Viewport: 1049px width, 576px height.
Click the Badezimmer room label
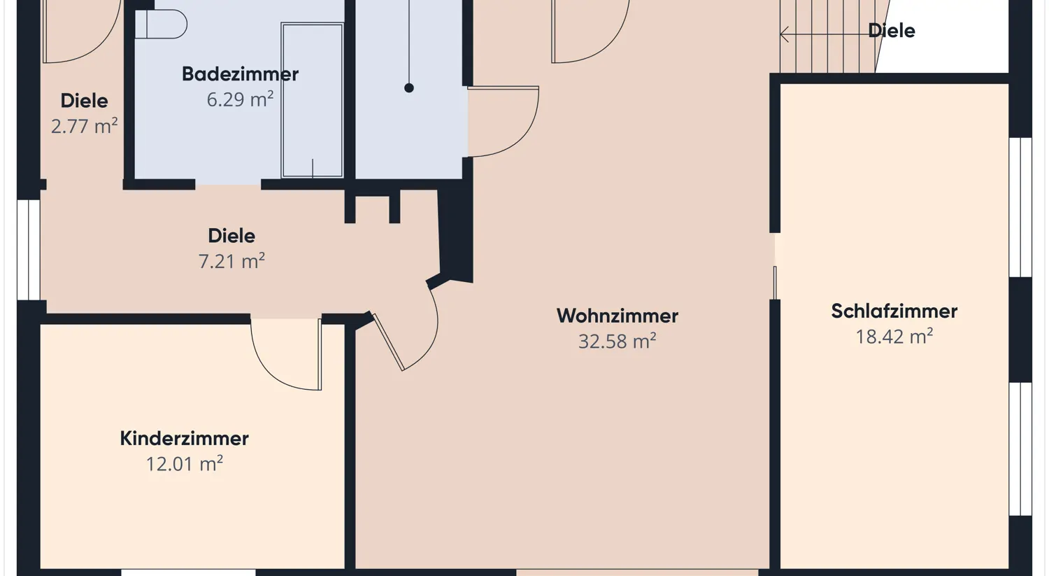click(x=240, y=73)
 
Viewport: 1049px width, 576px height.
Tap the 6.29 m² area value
click(x=240, y=99)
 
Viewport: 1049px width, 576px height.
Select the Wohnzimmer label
click(x=618, y=316)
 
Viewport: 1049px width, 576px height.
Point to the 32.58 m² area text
click(x=617, y=342)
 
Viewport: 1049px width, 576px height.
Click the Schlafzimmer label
click(x=894, y=311)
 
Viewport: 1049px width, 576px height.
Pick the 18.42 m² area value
click(x=894, y=337)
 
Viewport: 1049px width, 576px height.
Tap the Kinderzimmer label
click(x=184, y=438)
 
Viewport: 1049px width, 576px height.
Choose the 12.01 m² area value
click(x=184, y=464)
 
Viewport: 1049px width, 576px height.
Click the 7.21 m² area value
click(x=231, y=261)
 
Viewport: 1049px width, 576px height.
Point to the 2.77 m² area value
click(x=84, y=126)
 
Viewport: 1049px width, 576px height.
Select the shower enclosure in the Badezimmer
click(x=312, y=100)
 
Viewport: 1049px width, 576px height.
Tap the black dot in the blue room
click(x=409, y=88)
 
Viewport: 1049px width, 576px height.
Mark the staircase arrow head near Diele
click(x=785, y=34)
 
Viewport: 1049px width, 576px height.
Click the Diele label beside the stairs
click(x=891, y=31)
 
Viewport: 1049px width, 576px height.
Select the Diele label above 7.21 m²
click(x=231, y=235)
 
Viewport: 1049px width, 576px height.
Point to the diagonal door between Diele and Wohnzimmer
click(x=389, y=342)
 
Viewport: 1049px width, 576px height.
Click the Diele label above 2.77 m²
click(x=84, y=101)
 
